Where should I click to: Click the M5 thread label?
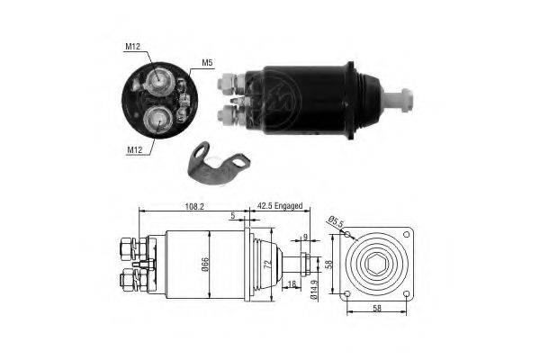coord(207,63)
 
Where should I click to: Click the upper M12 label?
coord(132,47)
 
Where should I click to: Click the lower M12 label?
coord(135,150)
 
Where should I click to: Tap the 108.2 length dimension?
coord(194,206)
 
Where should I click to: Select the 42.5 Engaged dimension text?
coord(280,206)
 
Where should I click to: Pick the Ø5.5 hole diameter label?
coord(336,222)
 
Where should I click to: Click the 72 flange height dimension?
coord(267,265)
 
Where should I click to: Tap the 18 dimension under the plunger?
coord(292,284)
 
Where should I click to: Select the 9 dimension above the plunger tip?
coord(305,237)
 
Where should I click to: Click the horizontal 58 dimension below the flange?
coord(377,308)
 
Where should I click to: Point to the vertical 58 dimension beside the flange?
coord(329,265)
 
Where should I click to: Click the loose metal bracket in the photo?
coord(218,162)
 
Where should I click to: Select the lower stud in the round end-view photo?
coord(158,121)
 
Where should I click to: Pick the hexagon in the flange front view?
coord(377,265)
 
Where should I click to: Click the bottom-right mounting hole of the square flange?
coord(407,294)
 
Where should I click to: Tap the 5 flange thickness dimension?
coord(233,216)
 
